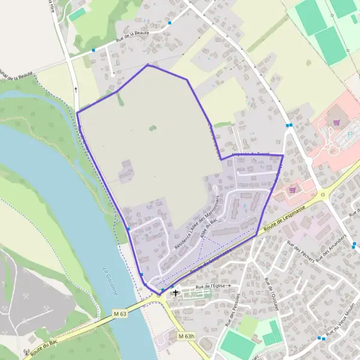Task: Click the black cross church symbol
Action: pyautogui.click(x=175, y=293)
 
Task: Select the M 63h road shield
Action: pyautogui.click(x=187, y=337)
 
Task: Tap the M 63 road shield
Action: pyautogui.click(x=119, y=313)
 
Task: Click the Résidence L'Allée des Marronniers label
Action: pyautogui.click(x=195, y=223)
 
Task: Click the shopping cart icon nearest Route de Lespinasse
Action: pyautogui.click(x=292, y=188)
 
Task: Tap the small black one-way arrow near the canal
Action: pyautogui.click(x=76, y=89)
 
